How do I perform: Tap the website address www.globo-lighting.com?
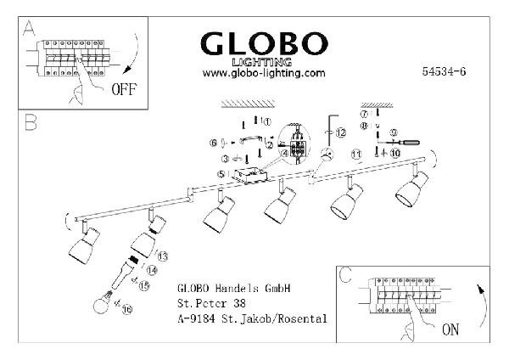(264, 73)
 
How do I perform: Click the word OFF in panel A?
(124, 87)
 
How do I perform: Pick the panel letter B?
(31, 124)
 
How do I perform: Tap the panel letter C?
(345, 276)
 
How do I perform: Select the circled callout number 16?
(128, 312)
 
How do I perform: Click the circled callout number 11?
(333, 155)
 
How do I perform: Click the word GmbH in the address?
(274, 287)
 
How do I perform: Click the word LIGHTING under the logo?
(264, 62)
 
